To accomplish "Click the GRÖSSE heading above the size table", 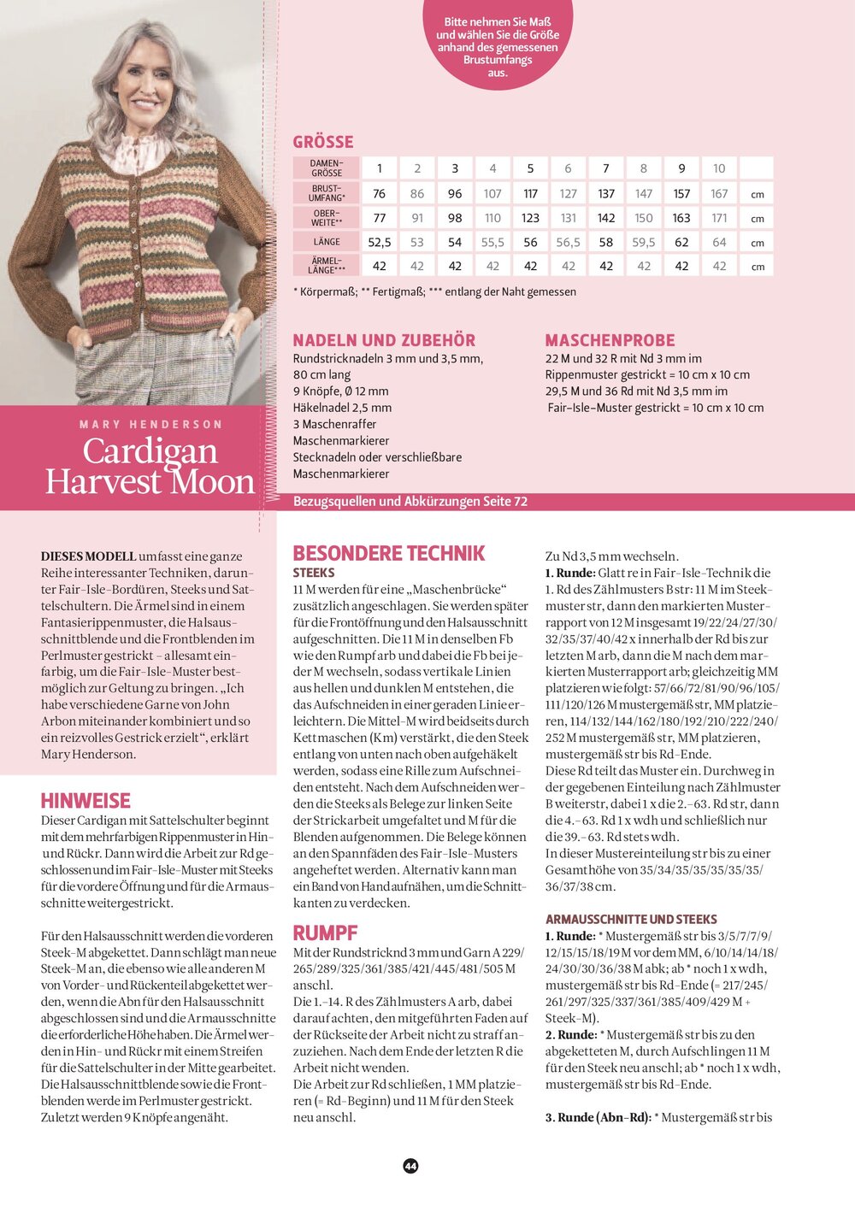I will coord(322,142).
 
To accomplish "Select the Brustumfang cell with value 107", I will coord(492,194).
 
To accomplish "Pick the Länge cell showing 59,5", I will coord(644,243).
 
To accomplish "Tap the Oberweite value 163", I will coord(681,218).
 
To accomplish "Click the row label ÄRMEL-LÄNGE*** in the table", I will coord(326,265).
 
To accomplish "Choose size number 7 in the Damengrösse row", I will coord(606,168).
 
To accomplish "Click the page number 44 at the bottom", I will coord(410,1166).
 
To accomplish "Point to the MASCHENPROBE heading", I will coord(610,340).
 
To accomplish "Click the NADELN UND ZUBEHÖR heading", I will coord(384,340).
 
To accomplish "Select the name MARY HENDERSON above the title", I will coord(150,424).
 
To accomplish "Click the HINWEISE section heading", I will coord(85,801).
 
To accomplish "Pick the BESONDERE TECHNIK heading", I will coord(389,553).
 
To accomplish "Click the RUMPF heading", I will coord(325,933).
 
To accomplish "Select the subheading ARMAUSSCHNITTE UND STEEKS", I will coord(631,919).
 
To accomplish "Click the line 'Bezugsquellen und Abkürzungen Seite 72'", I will coord(410,502).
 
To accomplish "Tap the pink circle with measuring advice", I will coord(498,43).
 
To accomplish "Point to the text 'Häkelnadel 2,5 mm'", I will coord(342,408).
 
